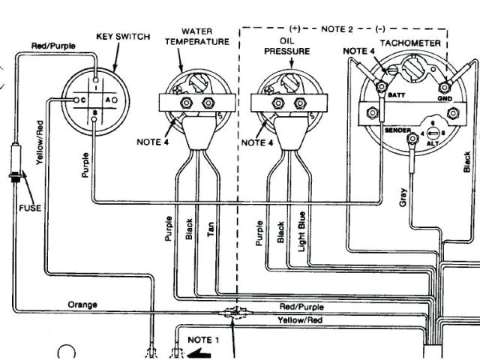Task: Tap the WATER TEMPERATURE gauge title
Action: click(196, 37)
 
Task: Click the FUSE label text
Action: click(29, 207)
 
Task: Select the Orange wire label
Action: click(82, 304)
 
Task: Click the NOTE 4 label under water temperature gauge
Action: click(154, 140)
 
